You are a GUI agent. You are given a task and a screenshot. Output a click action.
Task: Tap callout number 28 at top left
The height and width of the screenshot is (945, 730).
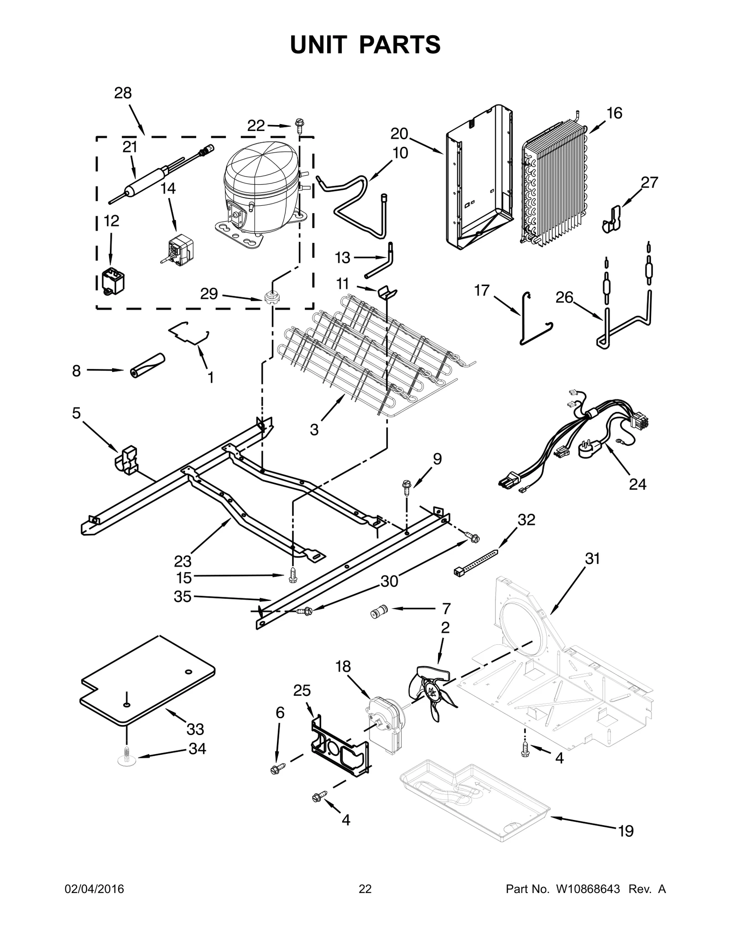pos(123,93)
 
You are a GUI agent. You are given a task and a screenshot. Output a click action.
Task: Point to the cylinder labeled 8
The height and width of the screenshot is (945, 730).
pos(146,365)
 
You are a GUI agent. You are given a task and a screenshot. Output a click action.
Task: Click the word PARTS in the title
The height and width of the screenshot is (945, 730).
pos(400,45)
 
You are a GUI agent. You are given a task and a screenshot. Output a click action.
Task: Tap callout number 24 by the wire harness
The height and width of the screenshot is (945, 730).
pos(637,484)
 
